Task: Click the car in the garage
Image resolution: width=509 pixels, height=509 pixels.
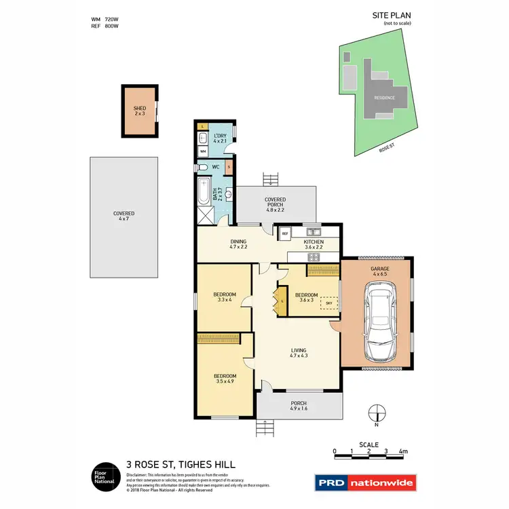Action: [377, 322]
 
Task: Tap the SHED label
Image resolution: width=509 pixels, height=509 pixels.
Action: [140, 108]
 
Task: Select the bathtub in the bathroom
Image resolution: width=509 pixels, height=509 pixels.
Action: [204, 191]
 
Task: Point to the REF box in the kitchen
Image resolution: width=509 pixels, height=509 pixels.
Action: [285, 233]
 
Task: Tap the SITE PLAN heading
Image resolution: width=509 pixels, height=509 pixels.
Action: [392, 14]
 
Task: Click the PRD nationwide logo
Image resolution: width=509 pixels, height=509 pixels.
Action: [365, 483]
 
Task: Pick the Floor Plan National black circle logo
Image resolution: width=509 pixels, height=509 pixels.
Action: [105, 475]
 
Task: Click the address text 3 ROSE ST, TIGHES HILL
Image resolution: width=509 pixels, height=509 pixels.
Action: [181, 464]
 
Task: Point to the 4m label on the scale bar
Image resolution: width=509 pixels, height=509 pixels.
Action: [403, 451]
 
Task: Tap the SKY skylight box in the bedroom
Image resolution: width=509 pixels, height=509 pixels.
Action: [329, 304]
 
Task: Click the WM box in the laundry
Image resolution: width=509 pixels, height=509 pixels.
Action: [203, 151]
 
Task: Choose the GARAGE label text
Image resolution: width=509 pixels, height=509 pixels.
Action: [379, 269]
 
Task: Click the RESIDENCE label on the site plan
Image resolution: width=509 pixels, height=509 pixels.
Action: [384, 98]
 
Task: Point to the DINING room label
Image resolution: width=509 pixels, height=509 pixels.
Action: [238, 242]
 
